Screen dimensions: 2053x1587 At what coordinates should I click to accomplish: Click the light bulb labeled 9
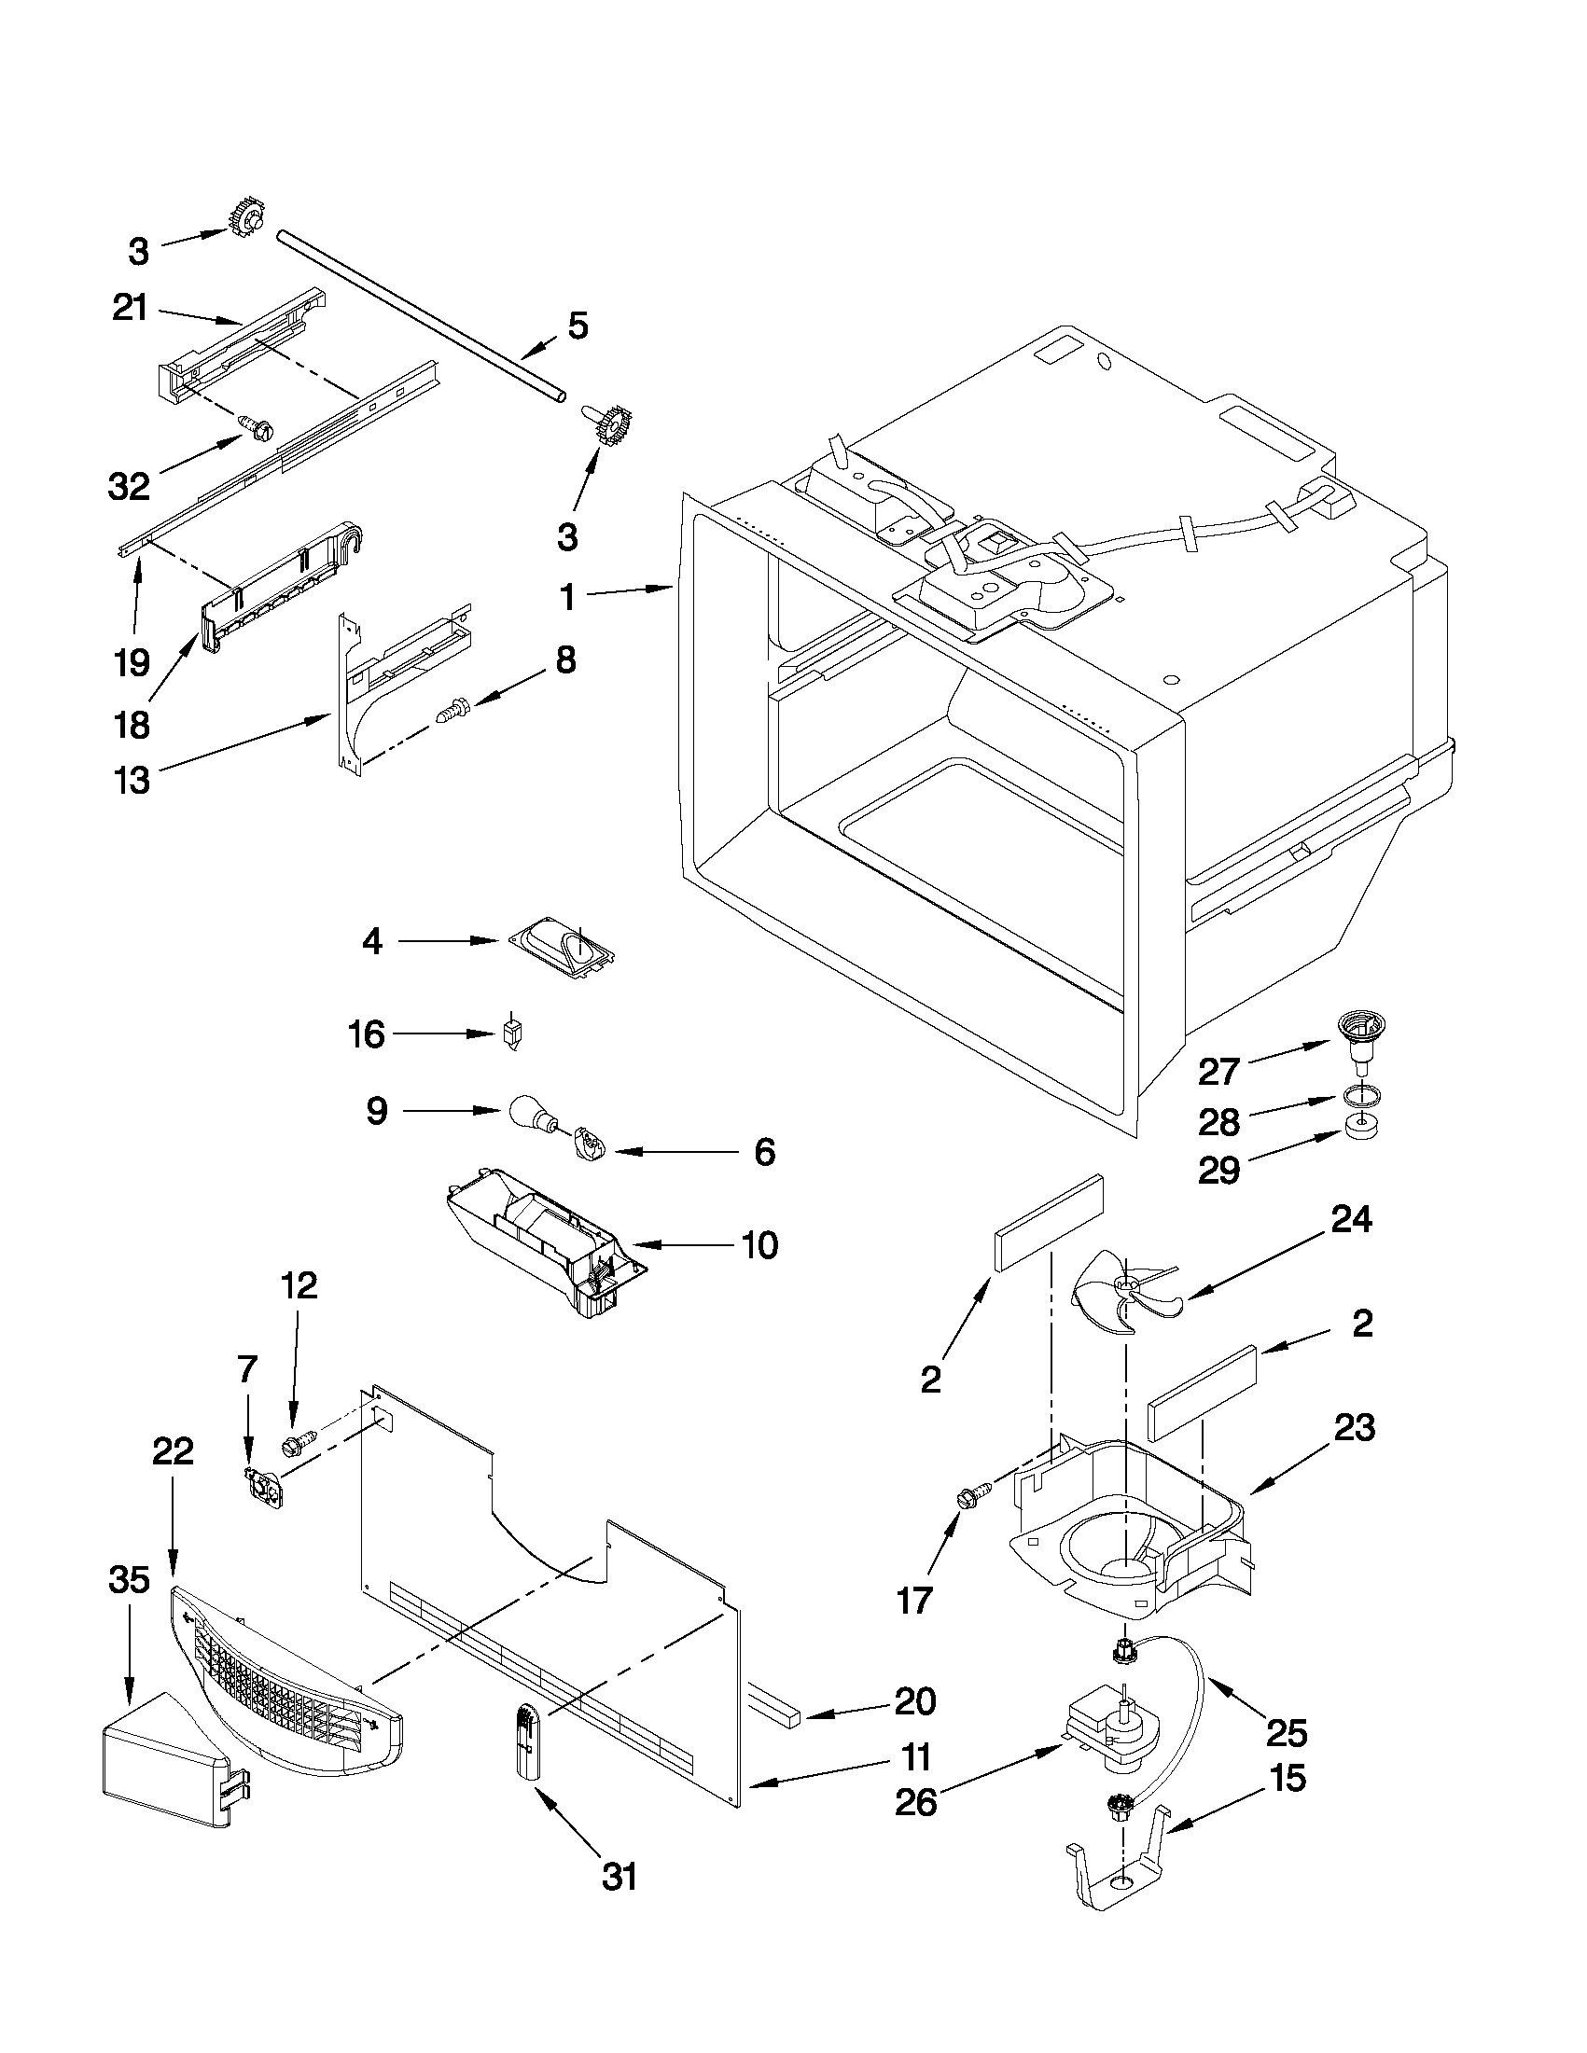pyautogui.click(x=533, y=1115)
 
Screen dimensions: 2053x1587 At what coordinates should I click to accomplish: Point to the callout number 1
pyautogui.click(x=567, y=598)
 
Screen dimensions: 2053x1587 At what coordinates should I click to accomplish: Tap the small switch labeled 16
pyautogui.click(x=511, y=1036)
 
